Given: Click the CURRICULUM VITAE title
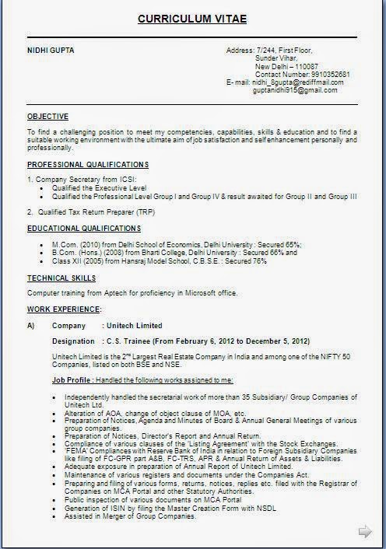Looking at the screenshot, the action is pyautogui.click(x=193, y=18).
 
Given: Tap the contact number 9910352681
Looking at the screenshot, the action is pyautogui.click(x=328, y=74).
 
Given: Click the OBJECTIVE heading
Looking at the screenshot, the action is pyautogui.click(x=47, y=116).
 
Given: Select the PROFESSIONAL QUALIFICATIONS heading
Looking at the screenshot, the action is pyautogui.click(x=88, y=165).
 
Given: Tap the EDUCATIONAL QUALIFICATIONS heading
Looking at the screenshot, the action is pyautogui.click(x=84, y=228).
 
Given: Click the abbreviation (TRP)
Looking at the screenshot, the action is pyautogui.click(x=144, y=212).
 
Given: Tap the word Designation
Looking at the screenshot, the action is pyautogui.click(x=73, y=341).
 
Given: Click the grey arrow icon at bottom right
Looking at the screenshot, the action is pyautogui.click(x=364, y=532).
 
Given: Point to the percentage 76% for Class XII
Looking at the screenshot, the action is pyautogui.click(x=260, y=261).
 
